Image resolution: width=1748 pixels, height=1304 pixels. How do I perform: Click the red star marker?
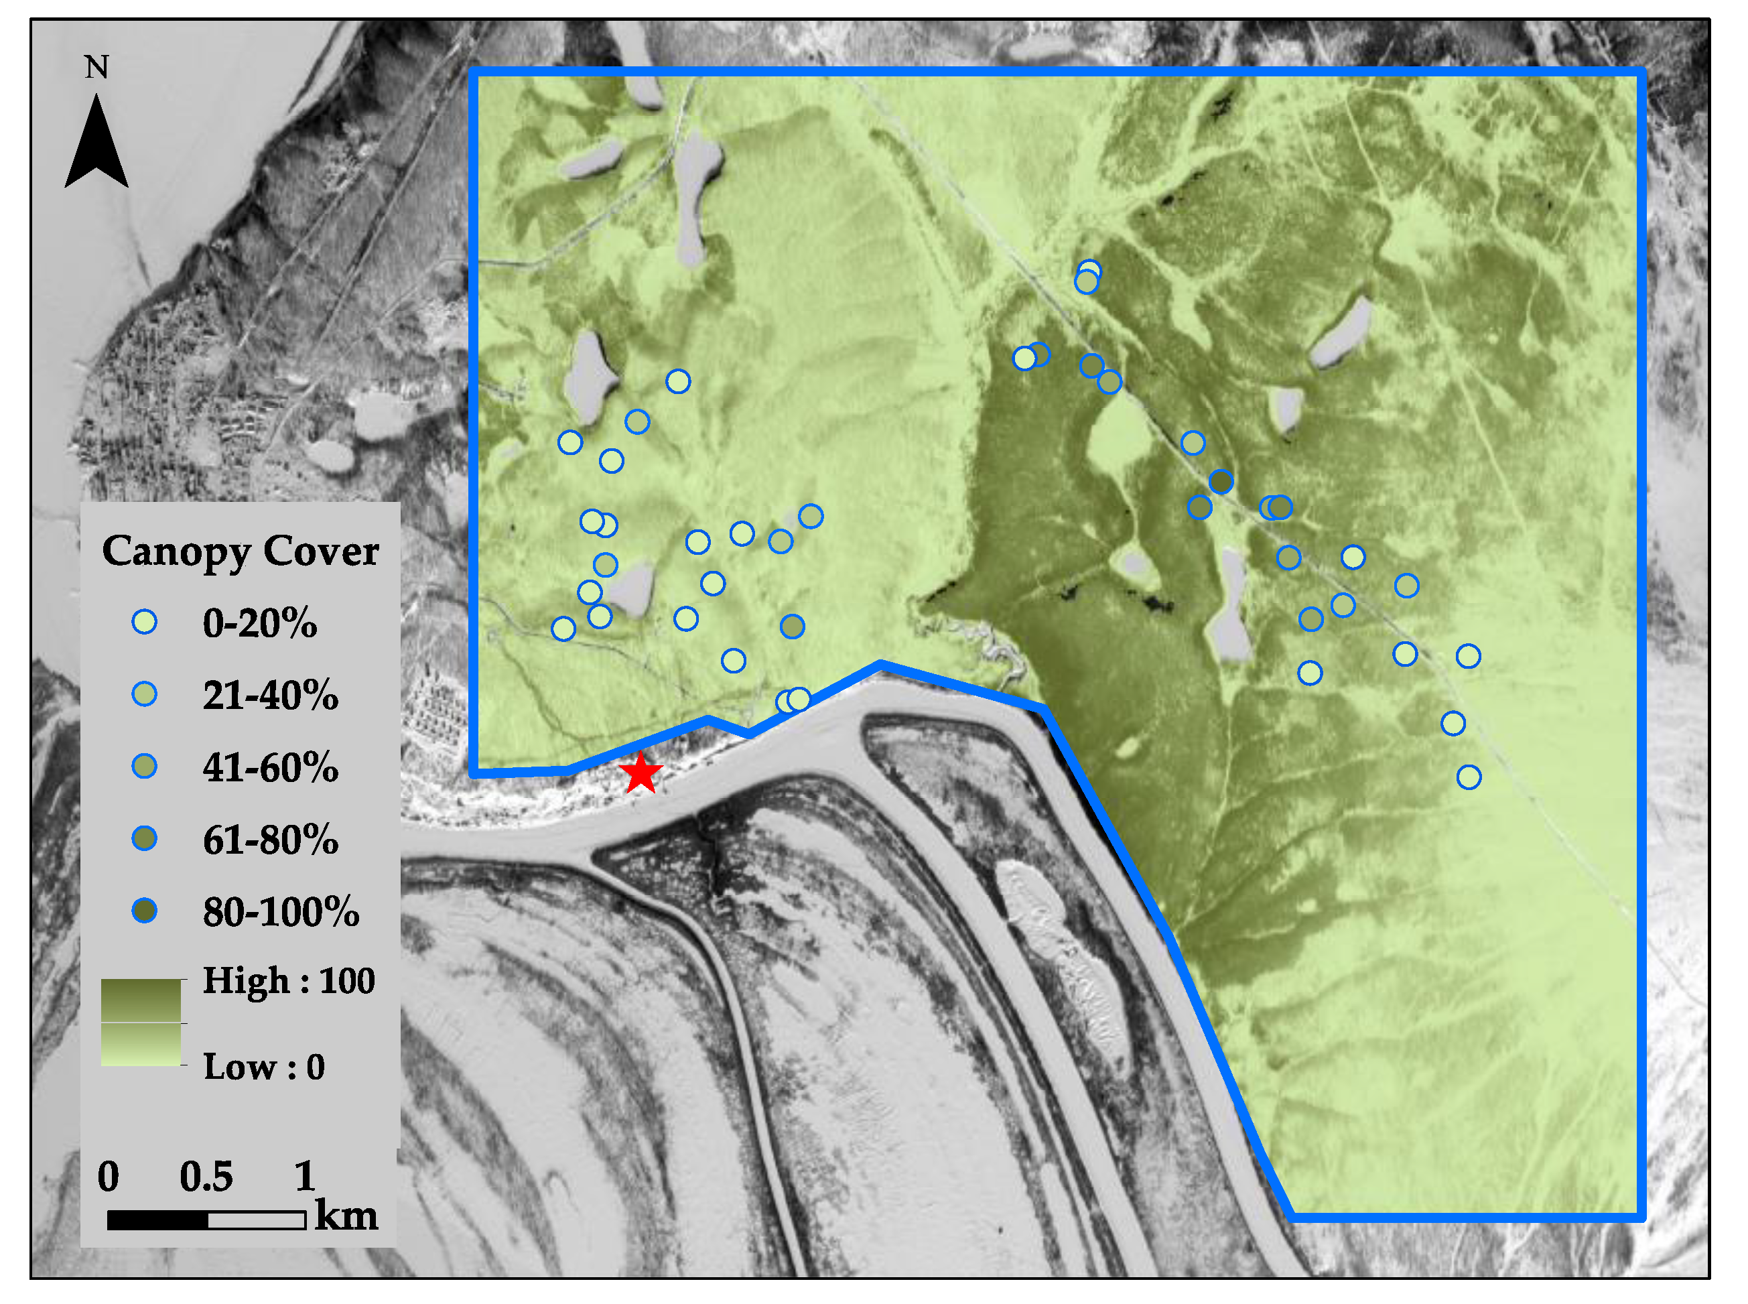pyautogui.click(x=640, y=773)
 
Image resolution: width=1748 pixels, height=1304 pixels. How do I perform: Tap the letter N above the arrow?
pyautogui.click(x=96, y=67)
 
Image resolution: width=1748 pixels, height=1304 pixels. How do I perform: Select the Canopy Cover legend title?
pyautogui.click(x=240, y=551)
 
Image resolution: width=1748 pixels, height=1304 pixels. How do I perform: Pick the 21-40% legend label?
pyautogui.click(x=270, y=696)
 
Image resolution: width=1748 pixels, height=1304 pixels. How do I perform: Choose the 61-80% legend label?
pyautogui.click(x=270, y=839)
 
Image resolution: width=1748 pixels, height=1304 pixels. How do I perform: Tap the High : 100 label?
pyautogui.click(x=289, y=980)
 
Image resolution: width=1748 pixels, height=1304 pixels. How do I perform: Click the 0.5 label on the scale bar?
pyautogui.click(x=206, y=1177)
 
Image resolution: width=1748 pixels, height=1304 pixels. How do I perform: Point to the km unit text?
pyautogui.click(x=346, y=1216)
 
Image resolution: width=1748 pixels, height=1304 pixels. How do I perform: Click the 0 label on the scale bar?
pyautogui.click(x=108, y=1177)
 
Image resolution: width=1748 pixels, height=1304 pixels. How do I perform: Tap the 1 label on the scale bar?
pyautogui.click(x=305, y=1177)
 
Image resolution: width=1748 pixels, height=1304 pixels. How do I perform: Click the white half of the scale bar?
pyautogui.click(x=257, y=1220)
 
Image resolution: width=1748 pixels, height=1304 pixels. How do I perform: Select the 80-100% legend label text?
pyautogui.click(x=281, y=912)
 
